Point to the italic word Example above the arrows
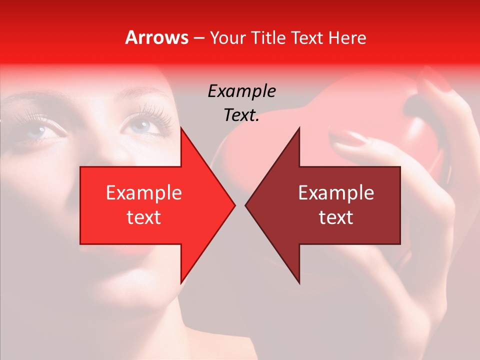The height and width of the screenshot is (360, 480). [241, 91]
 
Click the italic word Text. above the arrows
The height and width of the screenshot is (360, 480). [241, 115]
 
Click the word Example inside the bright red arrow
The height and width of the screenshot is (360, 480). [143, 193]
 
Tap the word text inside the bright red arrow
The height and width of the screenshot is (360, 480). [143, 217]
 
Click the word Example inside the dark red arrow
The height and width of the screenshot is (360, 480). [336, 193]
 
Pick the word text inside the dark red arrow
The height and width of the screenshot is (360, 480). [336, 217]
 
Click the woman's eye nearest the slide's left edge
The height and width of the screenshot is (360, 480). [41, 131]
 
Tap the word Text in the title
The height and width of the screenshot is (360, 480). [308, 38]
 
